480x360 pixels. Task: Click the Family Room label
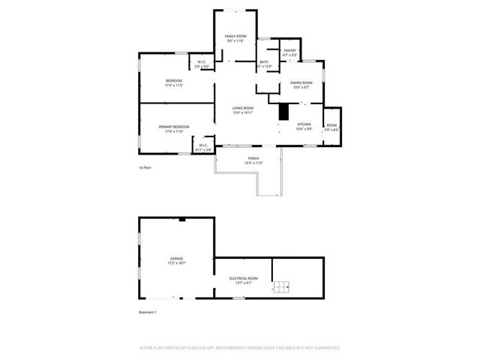click(235, 36)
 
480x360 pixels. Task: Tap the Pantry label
click(290, 50)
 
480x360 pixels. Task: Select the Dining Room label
click(301, 83)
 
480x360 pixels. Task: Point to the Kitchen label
click(304, 124)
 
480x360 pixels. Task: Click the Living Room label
click(242, 108)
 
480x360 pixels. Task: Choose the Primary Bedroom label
click(174, 127)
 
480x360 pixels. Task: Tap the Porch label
click(253, 158)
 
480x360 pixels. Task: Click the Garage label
click(176, 259)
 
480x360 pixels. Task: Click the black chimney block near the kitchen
click(283, 111)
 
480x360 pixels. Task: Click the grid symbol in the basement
click(282, 286)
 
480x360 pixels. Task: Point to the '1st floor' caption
click(145, 167)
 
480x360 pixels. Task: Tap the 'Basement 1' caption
click(148, 311)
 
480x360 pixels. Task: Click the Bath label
click(264, 62)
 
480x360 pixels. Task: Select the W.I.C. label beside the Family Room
click(202, 62)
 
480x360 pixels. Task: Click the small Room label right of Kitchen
click(331, 125)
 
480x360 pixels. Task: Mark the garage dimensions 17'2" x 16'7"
click(176, 263)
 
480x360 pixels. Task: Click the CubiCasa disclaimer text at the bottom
click(240, 348)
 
